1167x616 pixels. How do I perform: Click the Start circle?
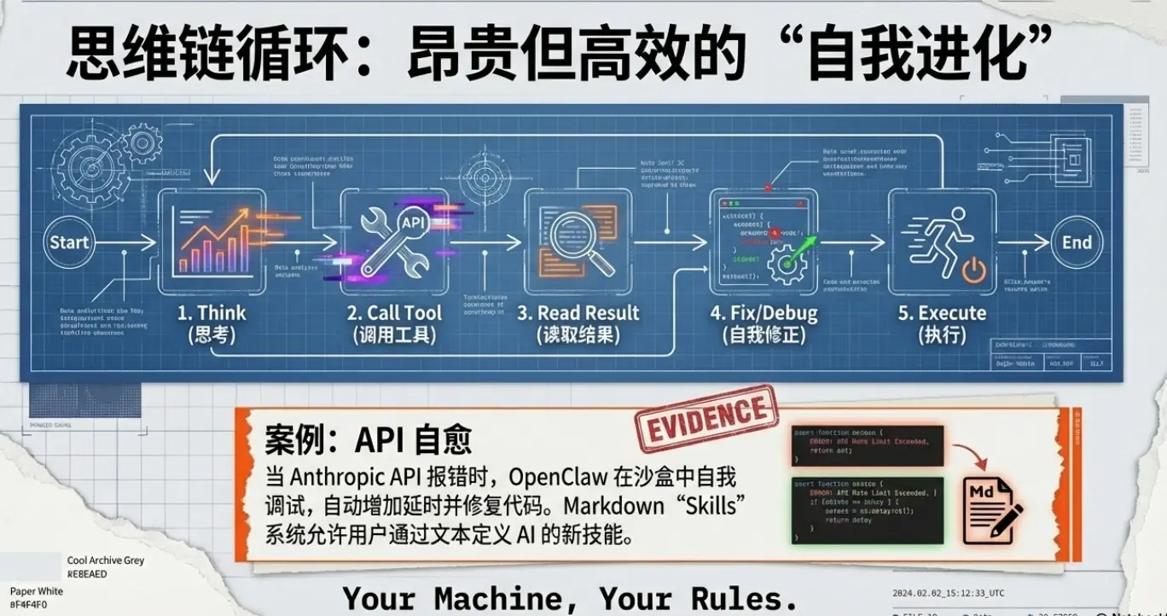click(69, 242)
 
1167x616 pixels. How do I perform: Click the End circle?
click(1077, 242)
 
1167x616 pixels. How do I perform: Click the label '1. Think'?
click(212, 313)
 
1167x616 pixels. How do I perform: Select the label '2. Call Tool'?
click(394, 313)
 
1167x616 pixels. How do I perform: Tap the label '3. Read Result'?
click(578, 313)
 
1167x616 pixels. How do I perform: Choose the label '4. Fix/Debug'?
click(763, 313)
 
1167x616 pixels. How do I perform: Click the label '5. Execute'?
click(942, 313)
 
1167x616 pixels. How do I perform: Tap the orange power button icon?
click(974, 272)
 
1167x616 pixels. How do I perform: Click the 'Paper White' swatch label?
click(37, 590)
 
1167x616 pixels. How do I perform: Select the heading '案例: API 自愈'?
click(369, 439)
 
